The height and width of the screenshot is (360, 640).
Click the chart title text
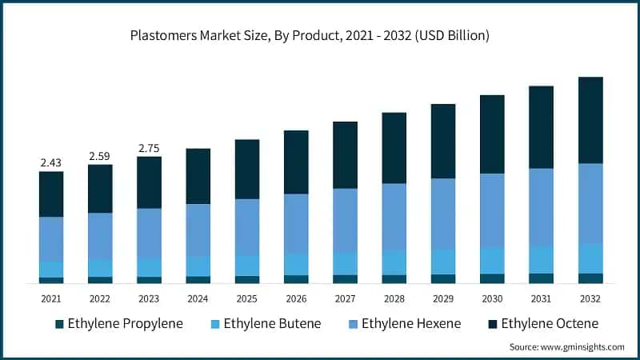tap(319, 36)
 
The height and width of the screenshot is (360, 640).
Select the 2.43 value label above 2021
tap(51, 162)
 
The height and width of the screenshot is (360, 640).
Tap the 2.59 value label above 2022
tap(100, 156)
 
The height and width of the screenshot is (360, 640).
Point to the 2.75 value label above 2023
tap(150, 148)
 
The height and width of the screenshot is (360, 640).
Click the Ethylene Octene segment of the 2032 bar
tap(590, 120)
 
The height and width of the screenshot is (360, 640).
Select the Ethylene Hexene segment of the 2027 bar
tap(345, 220)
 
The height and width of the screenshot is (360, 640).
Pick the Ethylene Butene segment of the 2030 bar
tap(492, 260)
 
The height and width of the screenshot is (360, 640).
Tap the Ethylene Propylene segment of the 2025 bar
tap(247, 279)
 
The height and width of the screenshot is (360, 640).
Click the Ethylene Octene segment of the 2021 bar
tap(51, 194)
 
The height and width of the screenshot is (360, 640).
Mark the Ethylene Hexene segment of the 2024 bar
tap(198, 230)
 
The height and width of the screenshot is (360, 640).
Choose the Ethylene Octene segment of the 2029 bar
tap(443, 141)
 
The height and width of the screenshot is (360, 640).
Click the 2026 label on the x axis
tap(296, 298)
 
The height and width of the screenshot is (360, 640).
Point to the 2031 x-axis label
tap(541, 298)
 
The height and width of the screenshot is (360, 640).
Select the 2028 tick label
tap(394, 298)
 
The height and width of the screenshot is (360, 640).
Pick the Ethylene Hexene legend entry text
tap(411, 324)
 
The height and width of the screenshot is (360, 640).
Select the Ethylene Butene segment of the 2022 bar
tap(100, 267)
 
